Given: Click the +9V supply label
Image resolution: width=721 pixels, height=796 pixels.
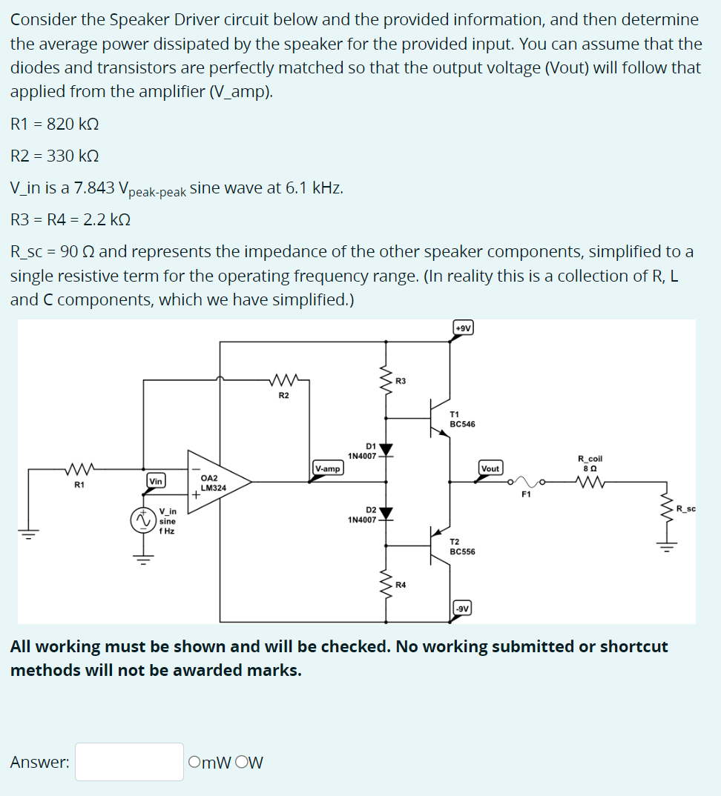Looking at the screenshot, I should click(462, 328).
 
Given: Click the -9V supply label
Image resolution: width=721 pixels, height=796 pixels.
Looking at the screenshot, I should click(462, 608).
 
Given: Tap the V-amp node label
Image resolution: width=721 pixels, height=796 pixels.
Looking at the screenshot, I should click(327, 468).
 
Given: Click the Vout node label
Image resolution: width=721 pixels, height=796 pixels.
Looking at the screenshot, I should click(490, 468).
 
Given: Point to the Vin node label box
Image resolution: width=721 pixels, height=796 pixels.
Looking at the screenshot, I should click(156, 482).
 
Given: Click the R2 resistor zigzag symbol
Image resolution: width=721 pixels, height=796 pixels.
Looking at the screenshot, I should click(284, 382).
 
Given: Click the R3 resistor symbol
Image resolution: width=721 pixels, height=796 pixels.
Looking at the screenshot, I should click(386, 382).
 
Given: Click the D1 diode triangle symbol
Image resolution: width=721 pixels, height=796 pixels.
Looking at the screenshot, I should click(386, 449).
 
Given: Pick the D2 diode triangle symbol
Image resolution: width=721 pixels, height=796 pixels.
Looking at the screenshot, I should click(386, 513).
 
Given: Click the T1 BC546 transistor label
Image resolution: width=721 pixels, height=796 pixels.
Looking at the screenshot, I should click(462, 419).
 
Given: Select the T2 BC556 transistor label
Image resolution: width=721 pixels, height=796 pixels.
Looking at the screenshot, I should click(462, 547).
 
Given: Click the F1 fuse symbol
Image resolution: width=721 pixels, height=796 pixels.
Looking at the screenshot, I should click(526, 482).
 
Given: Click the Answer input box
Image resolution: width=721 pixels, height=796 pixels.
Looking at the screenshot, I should click(129, 762).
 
